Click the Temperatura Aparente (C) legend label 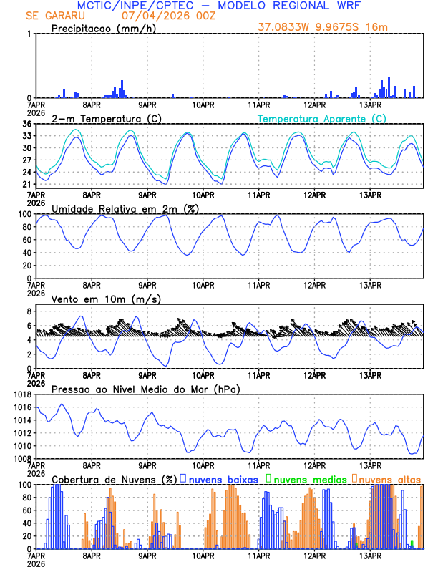click(x=322, y=118)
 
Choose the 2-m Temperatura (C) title click(x=102, y=118)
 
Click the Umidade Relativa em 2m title click(x=119, y=208)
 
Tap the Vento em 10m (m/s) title click(x=106, y=299)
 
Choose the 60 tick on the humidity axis click(x=26, y=240)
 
